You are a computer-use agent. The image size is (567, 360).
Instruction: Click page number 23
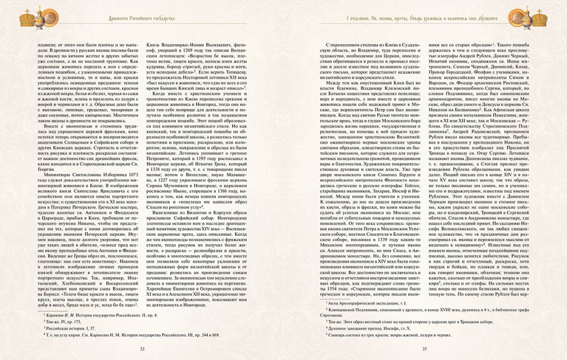click(x=425, y=349)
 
